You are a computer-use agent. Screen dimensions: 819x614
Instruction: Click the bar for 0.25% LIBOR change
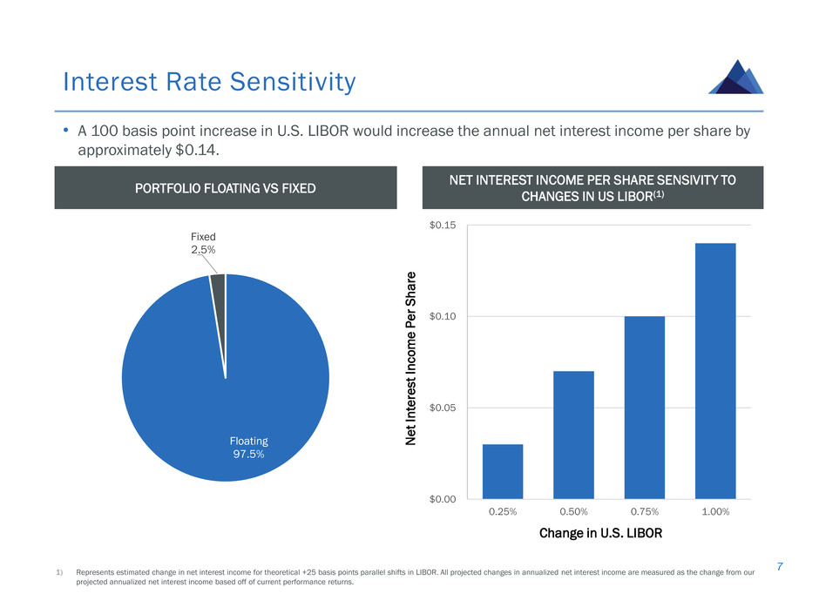point(503,471)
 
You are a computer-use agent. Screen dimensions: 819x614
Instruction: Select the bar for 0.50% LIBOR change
point(573,435)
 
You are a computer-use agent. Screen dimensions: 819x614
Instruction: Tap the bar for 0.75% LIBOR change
point(645,408)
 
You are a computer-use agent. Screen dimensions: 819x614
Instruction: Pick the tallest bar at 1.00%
point(715,371)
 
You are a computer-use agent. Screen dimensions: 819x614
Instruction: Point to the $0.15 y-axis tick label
point(443,225)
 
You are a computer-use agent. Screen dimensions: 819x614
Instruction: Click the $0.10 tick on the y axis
point(443,316)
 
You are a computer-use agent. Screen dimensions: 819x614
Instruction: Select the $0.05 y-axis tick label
point(443,408)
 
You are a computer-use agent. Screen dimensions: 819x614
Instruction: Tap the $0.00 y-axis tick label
point(443,499)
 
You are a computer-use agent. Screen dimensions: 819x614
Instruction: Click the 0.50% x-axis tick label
point(573,512)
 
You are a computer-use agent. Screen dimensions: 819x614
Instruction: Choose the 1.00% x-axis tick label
point(715,512)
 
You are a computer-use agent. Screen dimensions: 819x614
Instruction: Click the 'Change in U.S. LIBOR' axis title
point(600,533)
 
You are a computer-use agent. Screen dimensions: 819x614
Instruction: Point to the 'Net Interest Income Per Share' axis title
point(411,358)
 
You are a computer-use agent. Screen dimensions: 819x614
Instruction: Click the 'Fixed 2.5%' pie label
point(203,243)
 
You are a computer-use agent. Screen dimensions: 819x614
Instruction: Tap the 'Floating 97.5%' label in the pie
point(249,448)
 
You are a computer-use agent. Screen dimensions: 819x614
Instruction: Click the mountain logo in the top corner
point(736,77)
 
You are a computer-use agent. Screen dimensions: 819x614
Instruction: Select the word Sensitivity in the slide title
point(293,82)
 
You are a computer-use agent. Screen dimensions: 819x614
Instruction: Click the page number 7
point(780,566)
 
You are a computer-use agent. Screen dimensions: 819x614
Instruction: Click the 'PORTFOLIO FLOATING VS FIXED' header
point(226,188)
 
